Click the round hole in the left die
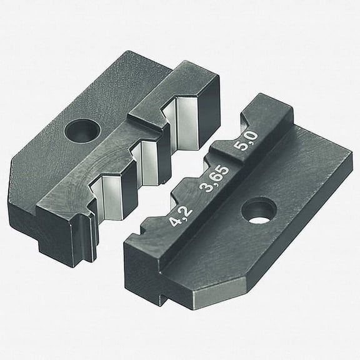tap(79, 131)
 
